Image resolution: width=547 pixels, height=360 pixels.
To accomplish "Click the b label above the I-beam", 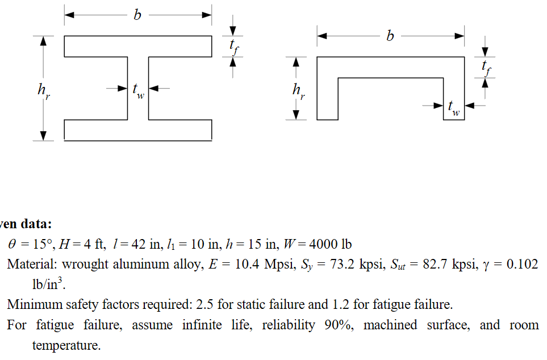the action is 137,15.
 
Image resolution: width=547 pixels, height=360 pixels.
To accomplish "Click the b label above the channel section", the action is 390,36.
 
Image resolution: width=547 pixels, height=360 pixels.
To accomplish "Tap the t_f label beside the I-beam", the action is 234,47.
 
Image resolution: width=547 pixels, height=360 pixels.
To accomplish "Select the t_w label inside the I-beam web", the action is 139,91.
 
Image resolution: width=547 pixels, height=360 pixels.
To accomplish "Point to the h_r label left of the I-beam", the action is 44,91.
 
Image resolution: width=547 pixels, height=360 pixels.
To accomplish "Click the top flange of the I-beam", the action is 138,47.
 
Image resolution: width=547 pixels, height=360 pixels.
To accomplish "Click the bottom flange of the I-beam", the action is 138,130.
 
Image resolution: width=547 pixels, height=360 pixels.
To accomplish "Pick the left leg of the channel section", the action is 328,99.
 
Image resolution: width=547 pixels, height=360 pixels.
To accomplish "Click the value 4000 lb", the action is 331,244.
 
